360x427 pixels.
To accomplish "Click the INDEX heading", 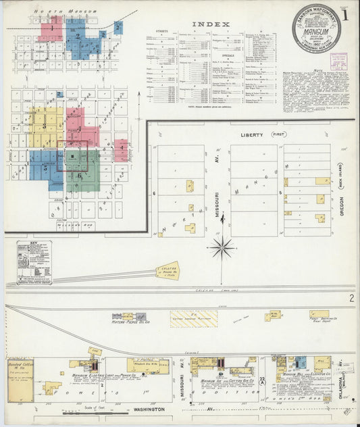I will tap(211, 24).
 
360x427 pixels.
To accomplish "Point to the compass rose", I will tap(221, 248).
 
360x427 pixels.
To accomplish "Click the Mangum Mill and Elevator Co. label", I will tap(304, 374).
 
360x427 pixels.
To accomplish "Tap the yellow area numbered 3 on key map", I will tap(44, 126).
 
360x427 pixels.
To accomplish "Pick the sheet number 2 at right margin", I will tap(351, 298).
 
